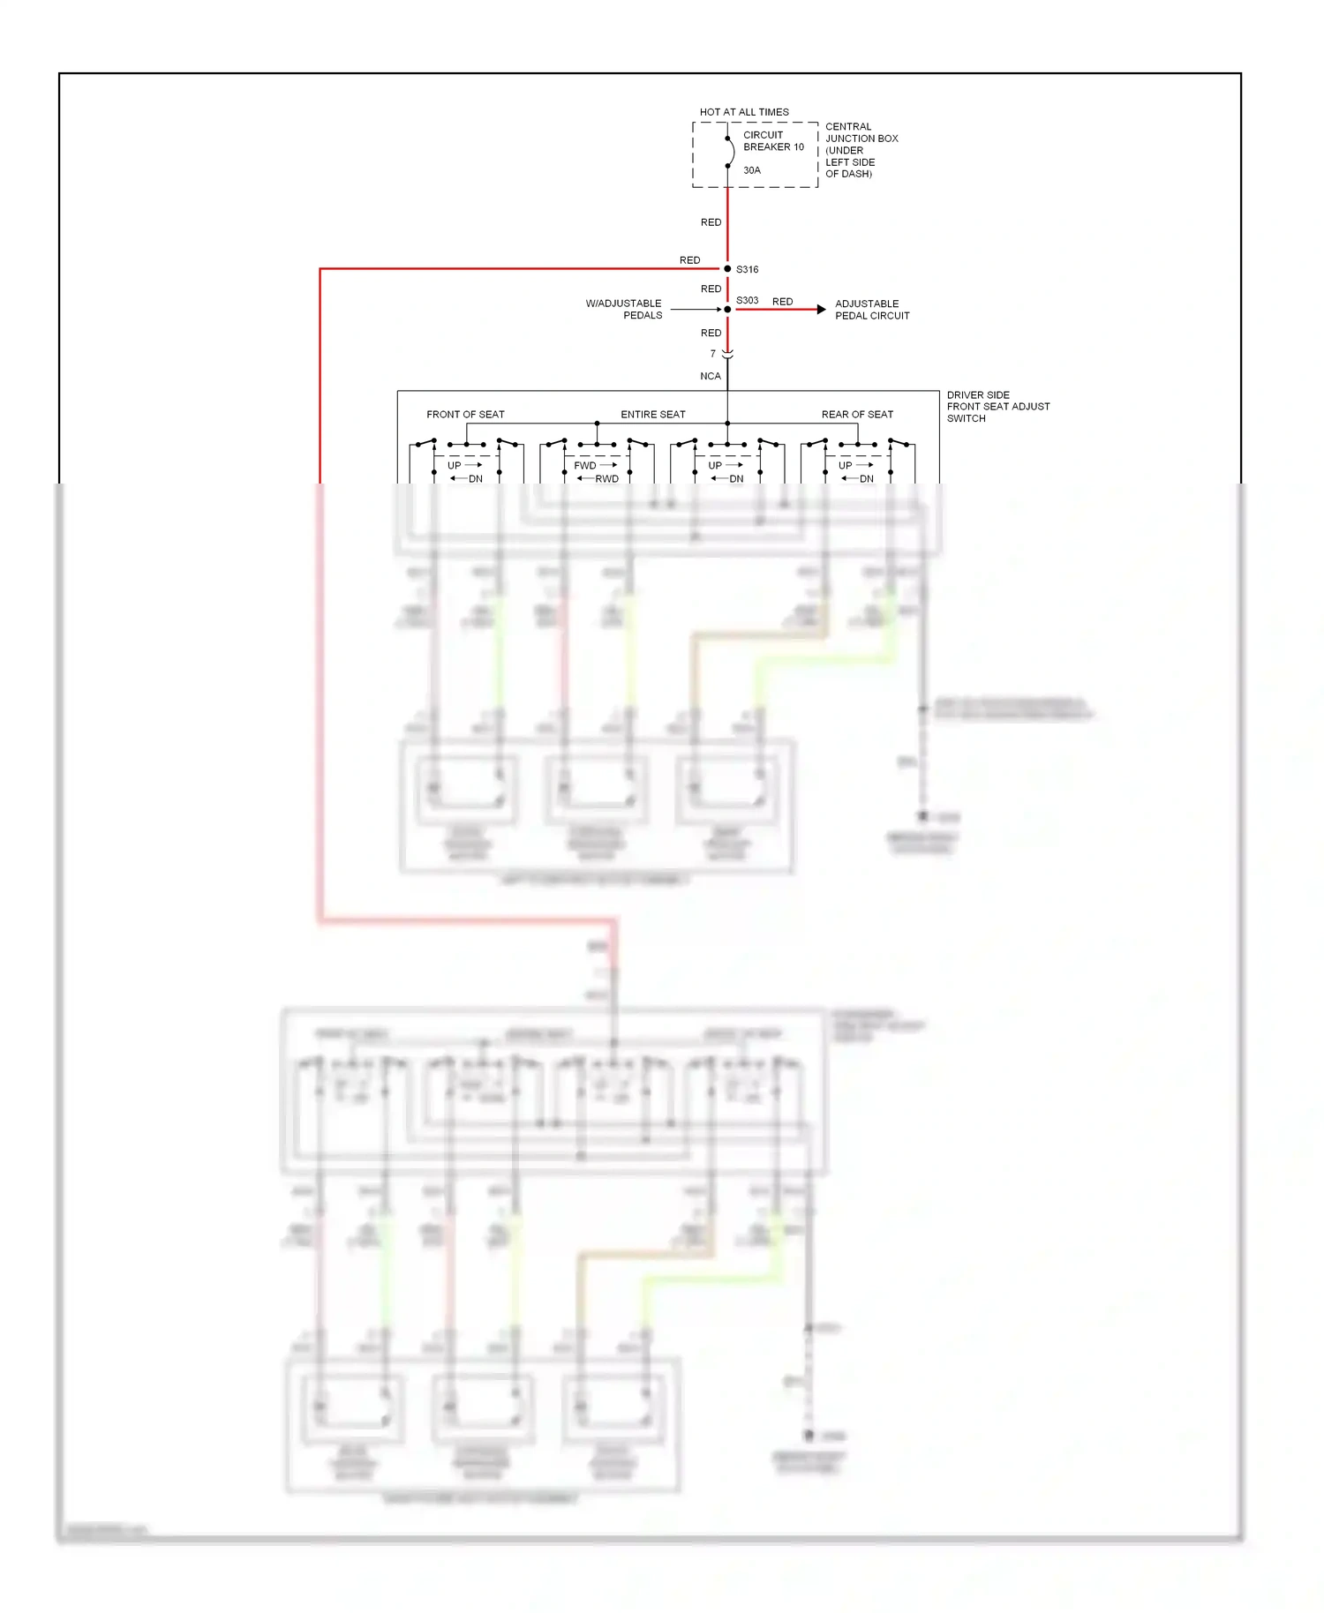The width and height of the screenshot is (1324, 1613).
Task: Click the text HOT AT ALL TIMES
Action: (744, 112)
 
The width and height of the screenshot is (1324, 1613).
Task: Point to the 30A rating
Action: (751, 170)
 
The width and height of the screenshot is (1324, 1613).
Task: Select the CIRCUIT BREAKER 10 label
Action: (773, 141)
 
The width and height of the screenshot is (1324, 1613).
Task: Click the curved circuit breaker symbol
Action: (730, 152)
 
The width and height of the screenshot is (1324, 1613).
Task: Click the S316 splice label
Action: (747, 269)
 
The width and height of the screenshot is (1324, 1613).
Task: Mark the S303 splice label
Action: (747, 300)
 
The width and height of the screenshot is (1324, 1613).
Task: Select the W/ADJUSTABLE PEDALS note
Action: (624, 309)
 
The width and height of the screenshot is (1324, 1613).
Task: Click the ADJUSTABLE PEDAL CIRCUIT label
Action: (871, 310)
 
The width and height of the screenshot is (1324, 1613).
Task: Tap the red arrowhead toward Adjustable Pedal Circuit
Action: (821, 310)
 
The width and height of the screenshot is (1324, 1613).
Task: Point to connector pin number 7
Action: (713, 354)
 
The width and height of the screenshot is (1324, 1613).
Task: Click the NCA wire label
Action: (711, 376)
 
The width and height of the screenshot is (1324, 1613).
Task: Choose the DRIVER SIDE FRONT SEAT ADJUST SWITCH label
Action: (997, 407)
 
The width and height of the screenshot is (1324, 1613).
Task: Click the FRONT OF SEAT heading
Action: (465, 414)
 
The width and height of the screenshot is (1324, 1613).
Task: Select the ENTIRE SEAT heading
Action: (652, 414)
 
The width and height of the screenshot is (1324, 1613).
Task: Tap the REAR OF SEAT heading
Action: (857, 414)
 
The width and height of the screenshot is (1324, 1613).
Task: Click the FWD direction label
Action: (585, 465)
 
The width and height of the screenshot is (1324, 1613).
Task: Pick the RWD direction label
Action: (606, 479)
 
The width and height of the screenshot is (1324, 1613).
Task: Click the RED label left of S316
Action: (689, 260)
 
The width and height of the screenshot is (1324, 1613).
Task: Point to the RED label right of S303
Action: (782, 302)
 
